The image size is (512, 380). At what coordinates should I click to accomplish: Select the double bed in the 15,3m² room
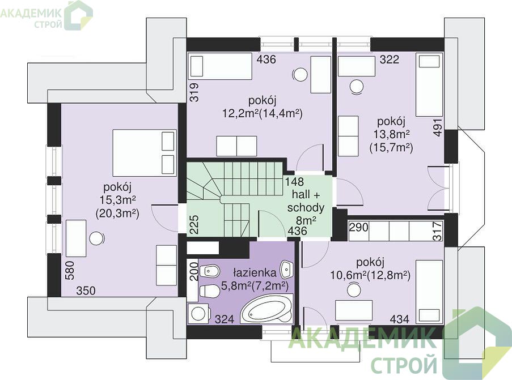point(145,153)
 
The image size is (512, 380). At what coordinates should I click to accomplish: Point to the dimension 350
point(86,291)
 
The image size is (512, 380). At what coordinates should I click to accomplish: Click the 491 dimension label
point(438,127)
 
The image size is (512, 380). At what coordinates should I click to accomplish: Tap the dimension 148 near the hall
point(294,181)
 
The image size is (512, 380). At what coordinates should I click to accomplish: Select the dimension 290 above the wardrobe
point(359,227)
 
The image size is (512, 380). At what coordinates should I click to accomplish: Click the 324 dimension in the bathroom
point(225,319)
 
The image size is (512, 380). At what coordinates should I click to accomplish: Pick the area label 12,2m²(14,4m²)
point(262,113)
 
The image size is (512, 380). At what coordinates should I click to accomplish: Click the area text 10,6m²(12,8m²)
point(370,275)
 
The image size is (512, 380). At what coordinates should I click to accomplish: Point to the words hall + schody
point(306,201)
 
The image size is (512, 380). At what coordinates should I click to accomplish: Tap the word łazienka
point(255,272)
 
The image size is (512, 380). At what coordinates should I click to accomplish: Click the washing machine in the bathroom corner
point(198,314)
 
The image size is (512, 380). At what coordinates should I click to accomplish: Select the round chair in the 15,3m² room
point(96,238)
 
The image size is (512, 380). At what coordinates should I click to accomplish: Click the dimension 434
point(399,319)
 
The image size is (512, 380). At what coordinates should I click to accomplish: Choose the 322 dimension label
point(389,59)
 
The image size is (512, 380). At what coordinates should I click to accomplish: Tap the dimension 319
point(194,93)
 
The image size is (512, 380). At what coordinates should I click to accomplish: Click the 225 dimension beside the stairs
point(194,224)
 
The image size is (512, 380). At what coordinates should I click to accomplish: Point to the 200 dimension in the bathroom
point(194,271)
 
